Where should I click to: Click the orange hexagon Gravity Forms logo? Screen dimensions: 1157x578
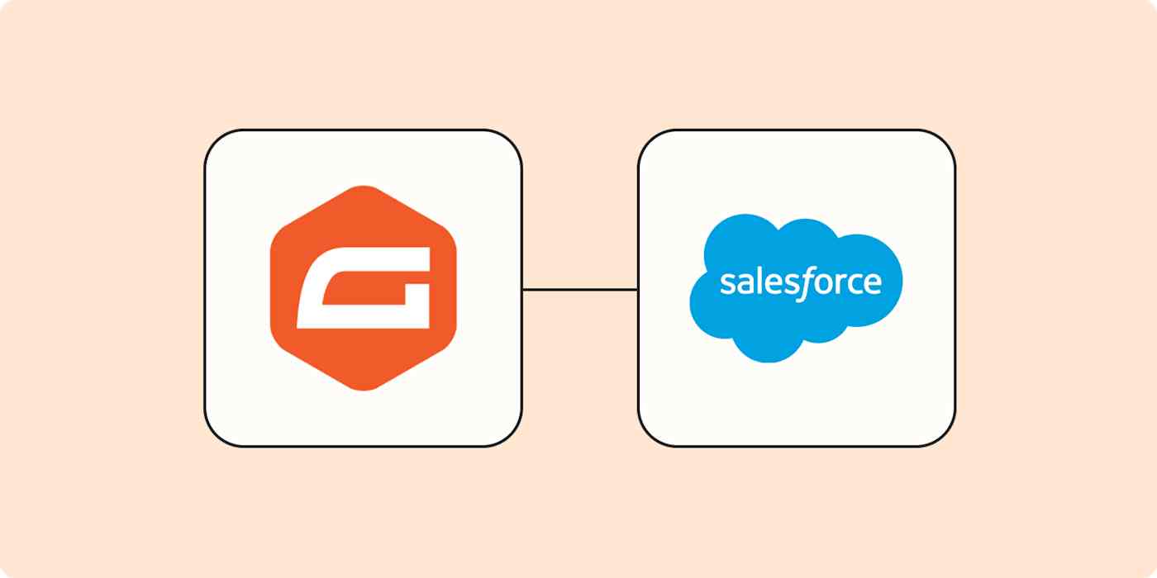point(363,248)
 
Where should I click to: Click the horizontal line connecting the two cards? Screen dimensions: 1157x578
point(579,289)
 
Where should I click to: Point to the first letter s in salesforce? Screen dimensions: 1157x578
point(726,284)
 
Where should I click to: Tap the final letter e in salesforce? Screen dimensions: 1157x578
point(871,284)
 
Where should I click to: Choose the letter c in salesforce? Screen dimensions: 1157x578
point(853,284)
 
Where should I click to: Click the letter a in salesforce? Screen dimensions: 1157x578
point(743,284)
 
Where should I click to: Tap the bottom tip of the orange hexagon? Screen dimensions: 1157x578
point(363,390)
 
